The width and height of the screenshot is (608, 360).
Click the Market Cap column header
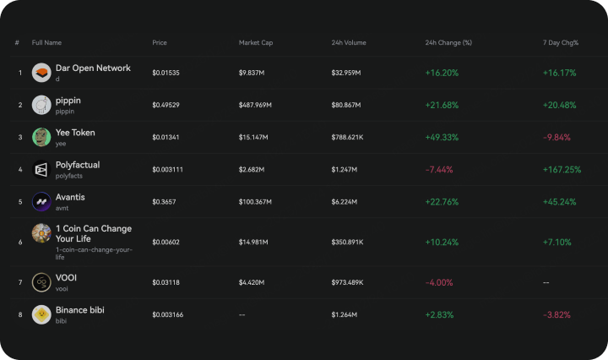(x=256, y=42)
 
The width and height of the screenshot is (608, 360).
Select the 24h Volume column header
(x=349, y=42)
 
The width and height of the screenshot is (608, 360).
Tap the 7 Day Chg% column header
(x=561, y=42)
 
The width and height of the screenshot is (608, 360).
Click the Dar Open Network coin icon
(x=41, y=73)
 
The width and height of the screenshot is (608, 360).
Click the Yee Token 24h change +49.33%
(x=442, y=137)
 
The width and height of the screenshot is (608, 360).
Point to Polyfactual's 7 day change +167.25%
(x=562, y=170)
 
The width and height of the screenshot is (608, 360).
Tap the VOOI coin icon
(x=41, y=282)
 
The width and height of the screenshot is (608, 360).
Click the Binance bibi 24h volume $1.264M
(x=345, y=314)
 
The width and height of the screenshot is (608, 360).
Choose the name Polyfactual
(x=78, y=165)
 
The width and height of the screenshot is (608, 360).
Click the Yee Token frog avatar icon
(x=41, y=137)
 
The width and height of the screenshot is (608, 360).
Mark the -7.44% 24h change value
(x=439, y=170)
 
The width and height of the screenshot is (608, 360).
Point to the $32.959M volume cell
(x=346, y=73)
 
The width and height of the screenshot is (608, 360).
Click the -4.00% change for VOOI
(x=439, y=282)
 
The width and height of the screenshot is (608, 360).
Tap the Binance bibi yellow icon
(x=41, y=314)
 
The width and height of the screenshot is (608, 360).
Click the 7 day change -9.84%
(x=556, y=137)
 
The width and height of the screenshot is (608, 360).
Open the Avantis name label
(x=70, y=197)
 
